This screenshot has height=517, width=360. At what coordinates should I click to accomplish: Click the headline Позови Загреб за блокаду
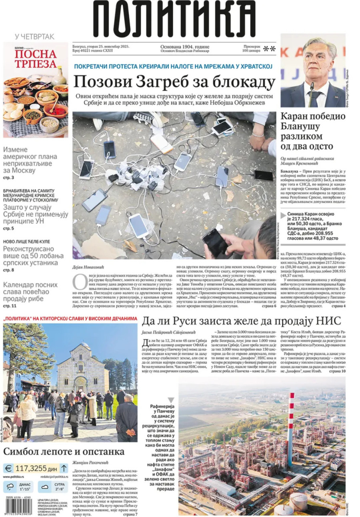175,82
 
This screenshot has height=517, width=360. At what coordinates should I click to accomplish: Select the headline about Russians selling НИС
242,321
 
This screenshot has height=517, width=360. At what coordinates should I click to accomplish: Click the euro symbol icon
8,468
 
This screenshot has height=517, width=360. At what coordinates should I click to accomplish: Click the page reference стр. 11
10,306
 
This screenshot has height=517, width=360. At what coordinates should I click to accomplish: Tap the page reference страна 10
337,371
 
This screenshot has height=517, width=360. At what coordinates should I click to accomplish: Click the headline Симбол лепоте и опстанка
64,452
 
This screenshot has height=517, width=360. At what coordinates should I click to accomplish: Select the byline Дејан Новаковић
90,267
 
